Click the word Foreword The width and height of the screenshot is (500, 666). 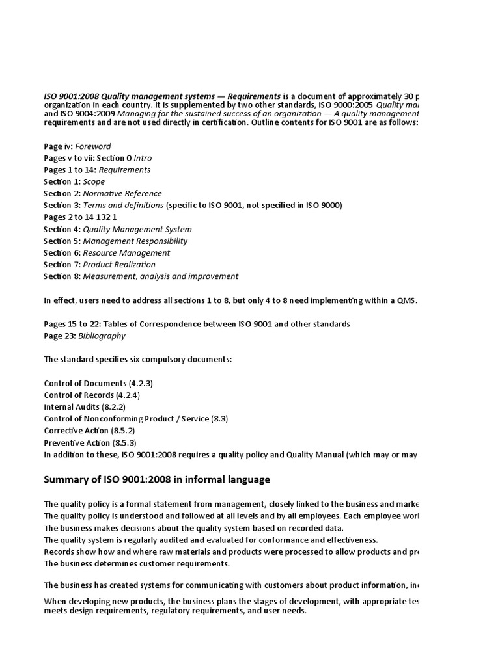tap(93, 146)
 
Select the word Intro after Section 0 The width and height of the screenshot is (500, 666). tap(143, 158)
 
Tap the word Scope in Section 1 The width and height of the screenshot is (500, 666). tap(94, 182)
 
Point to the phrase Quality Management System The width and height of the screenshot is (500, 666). tap(137, 229)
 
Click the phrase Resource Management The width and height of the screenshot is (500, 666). tap(127, 252)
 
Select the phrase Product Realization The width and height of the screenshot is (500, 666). tap(119, 265)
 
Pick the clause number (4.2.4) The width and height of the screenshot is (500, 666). tap(128, 395)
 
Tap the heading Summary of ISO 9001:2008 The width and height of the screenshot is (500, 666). tap(157, 480)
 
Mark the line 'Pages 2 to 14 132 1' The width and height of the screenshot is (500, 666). tap(81, 217)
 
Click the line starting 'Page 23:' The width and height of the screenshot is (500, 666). tap(85, 336)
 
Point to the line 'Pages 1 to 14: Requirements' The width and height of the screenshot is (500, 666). tap(97, 170)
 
